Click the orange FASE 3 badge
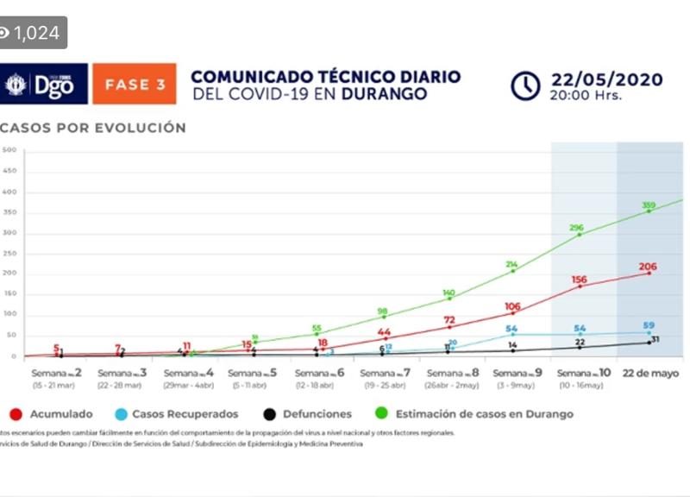[135, 85]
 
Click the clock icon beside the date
[525, 85]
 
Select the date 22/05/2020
[606, 80]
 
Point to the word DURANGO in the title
[385, 93]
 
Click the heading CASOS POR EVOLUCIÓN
[93, 128]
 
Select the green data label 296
[577, 229]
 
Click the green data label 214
[512, 264]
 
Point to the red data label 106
[512, 306]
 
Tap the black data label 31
[655, 339]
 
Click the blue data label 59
[649, 325]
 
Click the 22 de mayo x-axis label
[650, 374]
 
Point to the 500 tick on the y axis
[9, 150]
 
